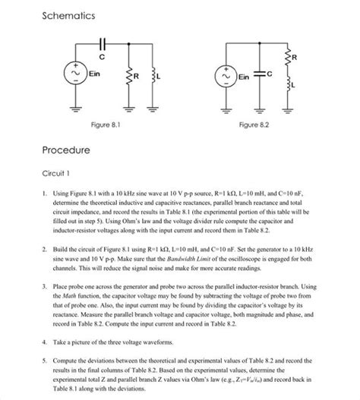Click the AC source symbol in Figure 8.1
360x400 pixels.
(x=75, y=74)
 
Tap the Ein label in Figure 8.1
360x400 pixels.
(x=94, y=74)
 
